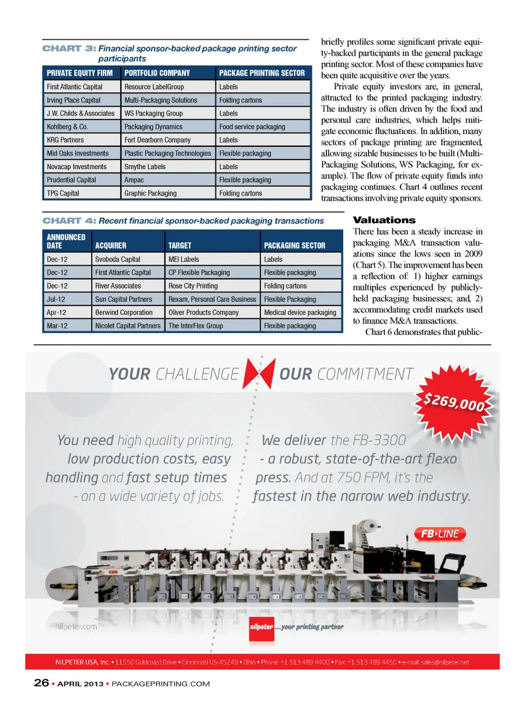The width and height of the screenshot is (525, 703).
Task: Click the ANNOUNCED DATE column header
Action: click(66, 241)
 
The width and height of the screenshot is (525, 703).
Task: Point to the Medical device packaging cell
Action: click(300, 312)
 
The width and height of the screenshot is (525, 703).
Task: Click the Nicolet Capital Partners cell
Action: click(128, 326)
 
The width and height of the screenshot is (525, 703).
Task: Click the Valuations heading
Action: click(384, 220)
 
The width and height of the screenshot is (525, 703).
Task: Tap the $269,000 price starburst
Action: click(454, 401)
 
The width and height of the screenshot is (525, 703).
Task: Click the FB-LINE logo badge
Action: click(440, 534)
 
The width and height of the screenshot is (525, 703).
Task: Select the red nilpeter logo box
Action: click(261, 627)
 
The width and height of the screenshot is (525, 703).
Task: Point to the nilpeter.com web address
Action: click(76, 627)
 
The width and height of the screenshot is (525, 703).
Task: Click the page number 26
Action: click(42, 683)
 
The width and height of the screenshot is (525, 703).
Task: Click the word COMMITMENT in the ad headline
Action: click(365, 374)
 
